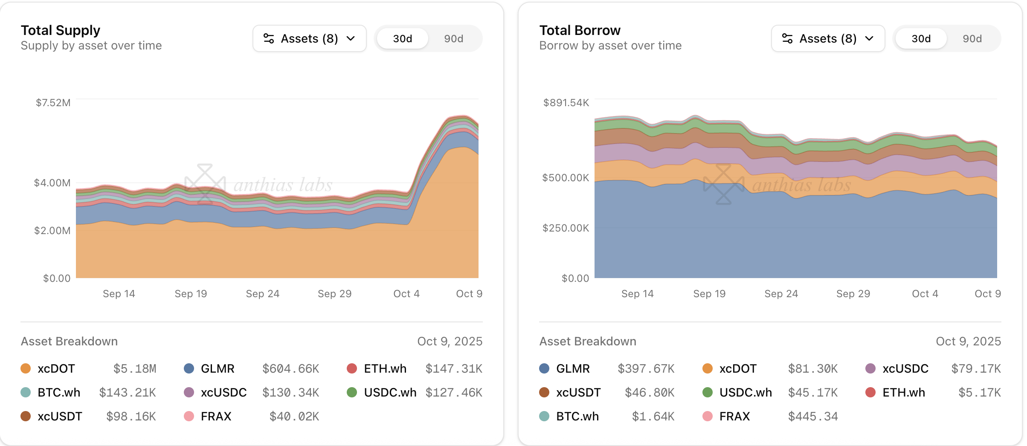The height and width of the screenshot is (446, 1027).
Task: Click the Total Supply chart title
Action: pos(61,30)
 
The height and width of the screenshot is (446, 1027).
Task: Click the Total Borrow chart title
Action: pos(580,30)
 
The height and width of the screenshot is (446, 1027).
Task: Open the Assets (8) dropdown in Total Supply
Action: pos(309,39)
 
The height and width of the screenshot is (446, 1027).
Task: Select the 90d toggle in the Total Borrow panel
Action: pos(972,39)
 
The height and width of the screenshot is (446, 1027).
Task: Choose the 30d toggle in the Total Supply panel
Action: pos(402,39)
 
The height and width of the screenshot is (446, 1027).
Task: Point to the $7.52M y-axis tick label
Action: pos(53,103)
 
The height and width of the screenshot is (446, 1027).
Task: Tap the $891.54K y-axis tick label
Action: pos(566,103)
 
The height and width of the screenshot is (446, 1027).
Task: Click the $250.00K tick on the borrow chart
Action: pos(566,228)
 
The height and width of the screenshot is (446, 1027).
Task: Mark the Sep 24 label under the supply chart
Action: pos(262,294)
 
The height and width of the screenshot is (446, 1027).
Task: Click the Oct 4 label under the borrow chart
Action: pos(925,294)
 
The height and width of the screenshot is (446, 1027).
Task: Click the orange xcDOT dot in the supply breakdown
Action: pos(26,368)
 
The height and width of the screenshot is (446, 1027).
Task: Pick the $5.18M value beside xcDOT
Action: pos(135,369)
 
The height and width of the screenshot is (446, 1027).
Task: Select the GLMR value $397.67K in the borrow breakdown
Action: pos(646,369)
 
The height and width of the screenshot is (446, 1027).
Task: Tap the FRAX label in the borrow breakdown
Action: pos(734,417)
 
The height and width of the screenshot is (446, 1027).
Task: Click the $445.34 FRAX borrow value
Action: pos(812,417)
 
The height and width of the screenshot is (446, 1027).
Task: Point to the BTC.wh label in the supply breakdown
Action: pos(59,393)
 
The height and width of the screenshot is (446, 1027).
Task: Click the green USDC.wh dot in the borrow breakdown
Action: pos(707,392)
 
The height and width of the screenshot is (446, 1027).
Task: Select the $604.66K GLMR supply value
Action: pos(290,369)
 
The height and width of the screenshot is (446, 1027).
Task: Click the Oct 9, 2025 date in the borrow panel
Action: pos(968,342)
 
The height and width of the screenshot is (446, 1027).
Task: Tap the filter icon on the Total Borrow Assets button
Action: pos(787,39)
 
